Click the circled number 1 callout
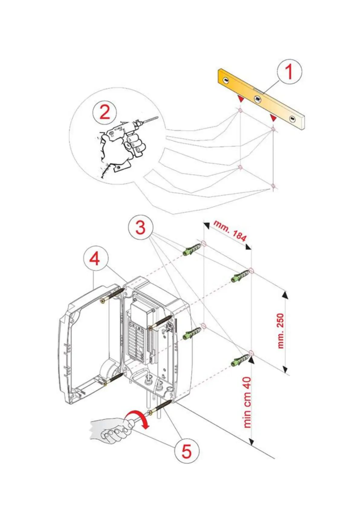coord(289,72)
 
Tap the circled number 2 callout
coord(105,112)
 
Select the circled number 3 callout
coord(141,227)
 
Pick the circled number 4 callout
coord(95,259)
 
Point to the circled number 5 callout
coord(186,451)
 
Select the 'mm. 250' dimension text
coord(280,331)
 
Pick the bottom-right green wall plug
coord(240,361)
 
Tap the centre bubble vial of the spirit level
coord(258,98)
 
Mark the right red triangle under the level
coord(273,118)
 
